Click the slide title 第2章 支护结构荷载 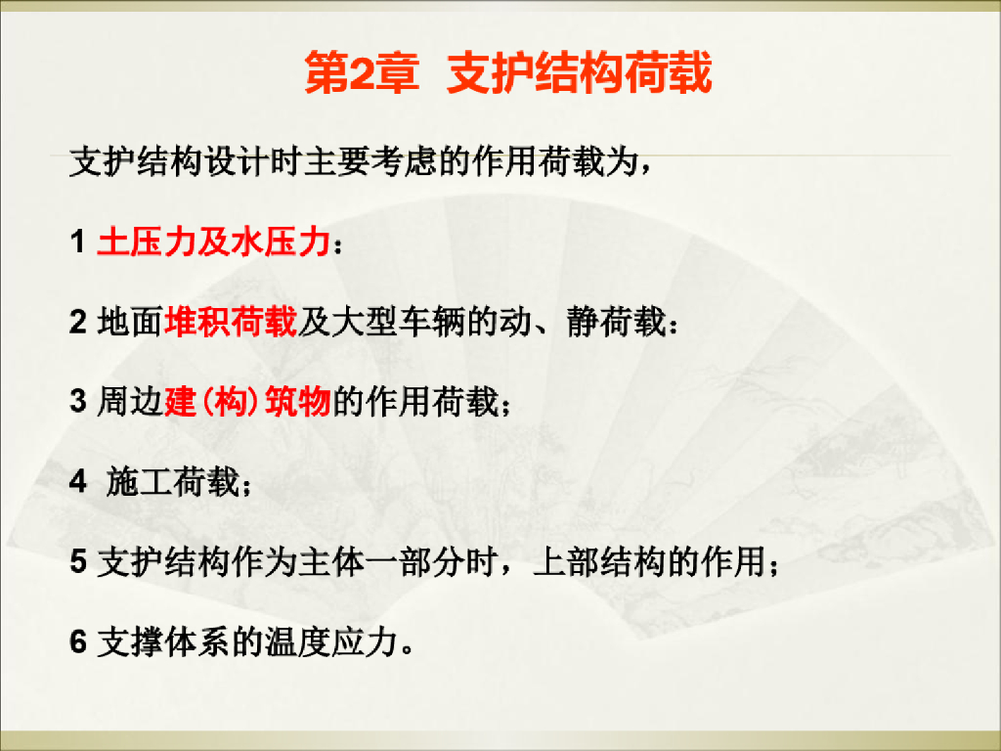click(x=508, y=75)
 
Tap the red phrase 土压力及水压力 click(x=212, y=242)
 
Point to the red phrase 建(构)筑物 click(x=248, y=402)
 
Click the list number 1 click(x=77, y=243)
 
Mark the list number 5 click(x=78, y=563)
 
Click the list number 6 click(x=78, y=643)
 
